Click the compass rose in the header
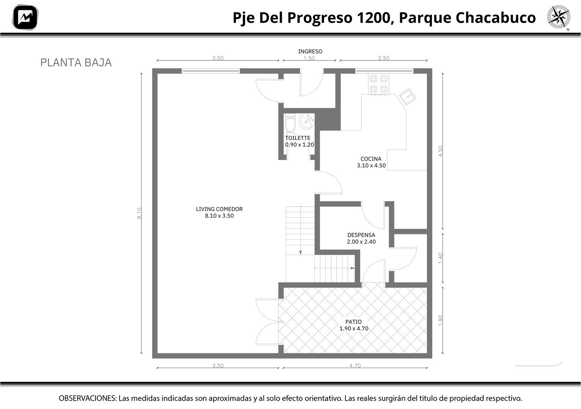tap(559, 17)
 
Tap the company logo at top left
tap(25, 17)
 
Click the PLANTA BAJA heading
tap(76, 63)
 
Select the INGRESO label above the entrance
tap(310, 51)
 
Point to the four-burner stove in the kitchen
tap(378, 84)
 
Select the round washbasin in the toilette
tap(306, 121)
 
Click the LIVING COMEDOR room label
tap(220, 209)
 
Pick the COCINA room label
tap(371, 159)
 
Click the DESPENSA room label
tap(361, 235)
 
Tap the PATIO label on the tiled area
tap(353, 322)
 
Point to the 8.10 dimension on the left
tap(139, 213)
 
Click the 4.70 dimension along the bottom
tap(355, 365)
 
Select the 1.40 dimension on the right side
tap(440, 258)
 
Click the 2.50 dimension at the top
tap(384, 58)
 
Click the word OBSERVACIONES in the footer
tap(88, 398)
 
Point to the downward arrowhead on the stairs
tap(301, 252)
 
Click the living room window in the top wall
tap(210, 71)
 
